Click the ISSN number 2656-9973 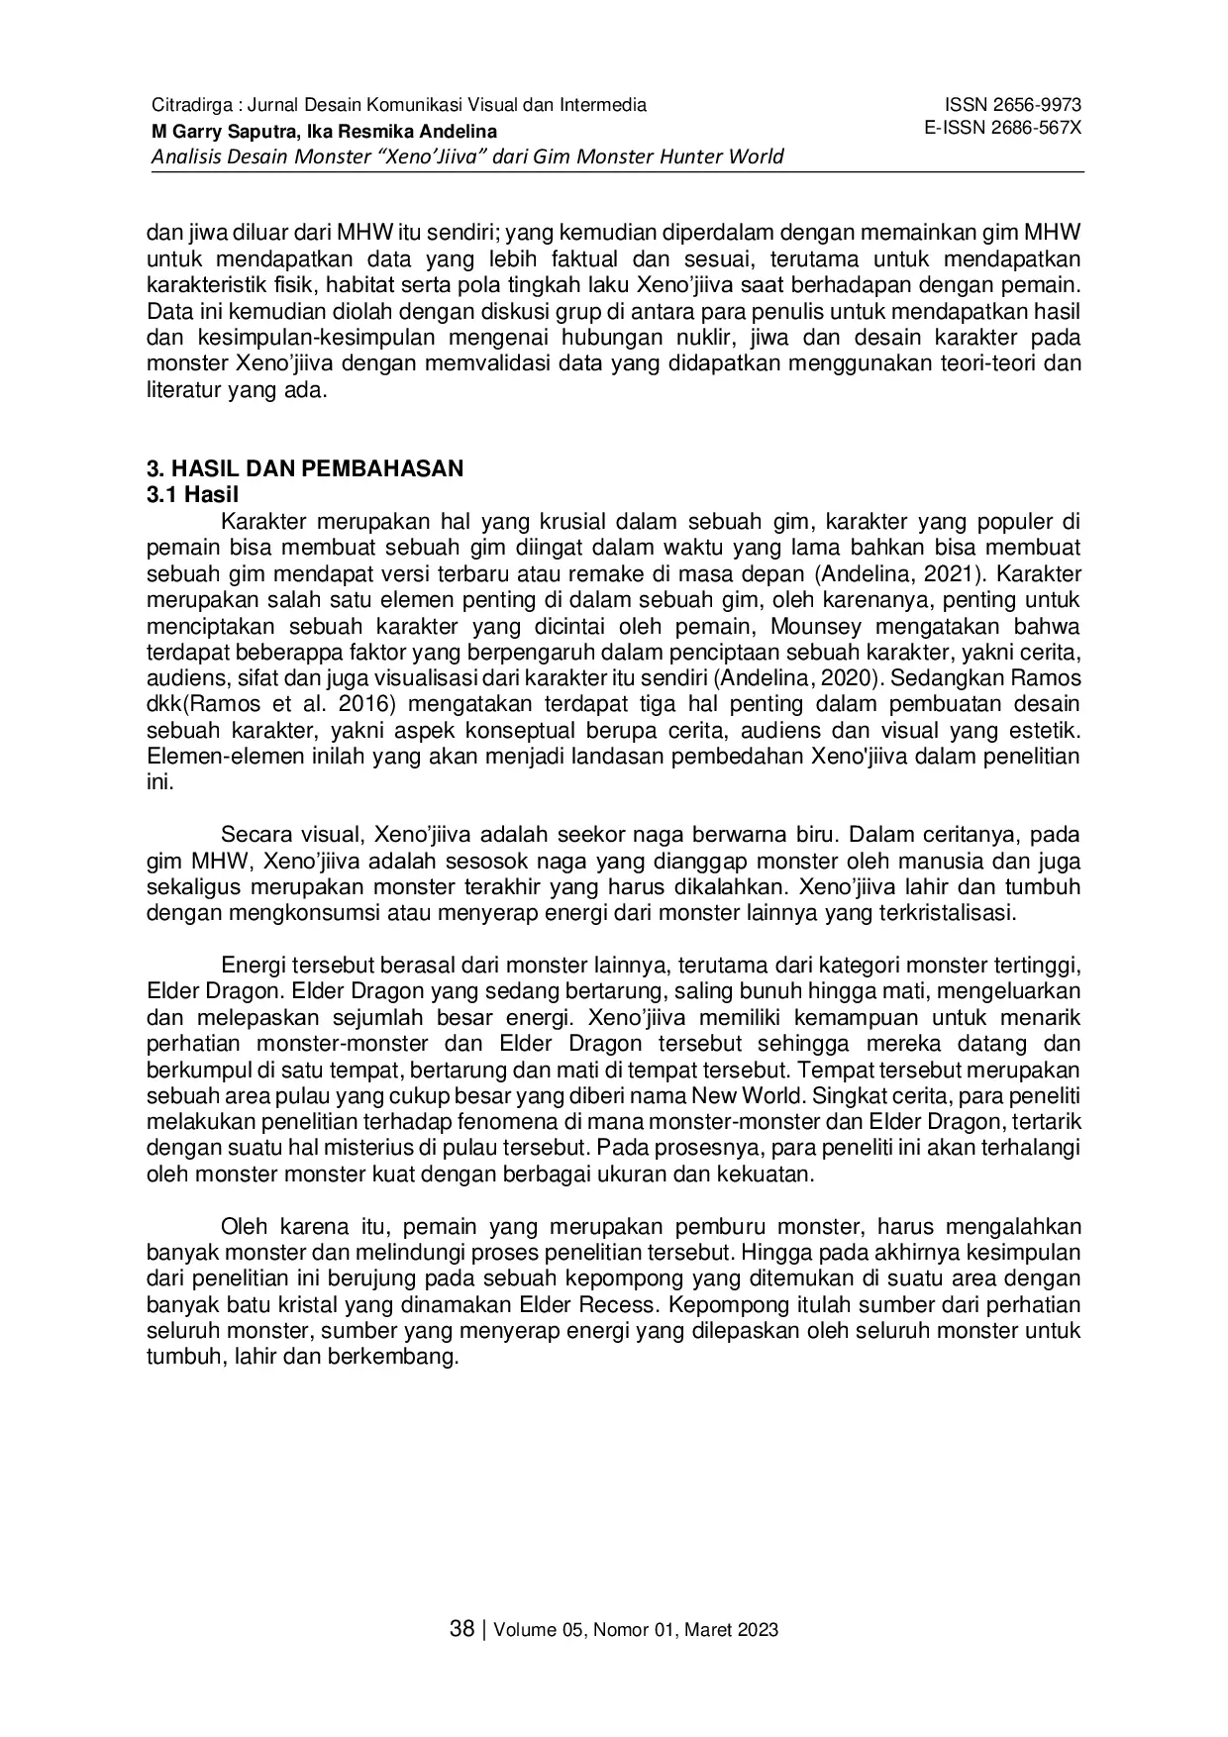pos(1041,105)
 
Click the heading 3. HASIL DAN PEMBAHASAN pos(305,468)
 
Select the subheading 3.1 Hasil pos(193,494)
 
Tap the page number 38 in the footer pos(461,1629)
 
